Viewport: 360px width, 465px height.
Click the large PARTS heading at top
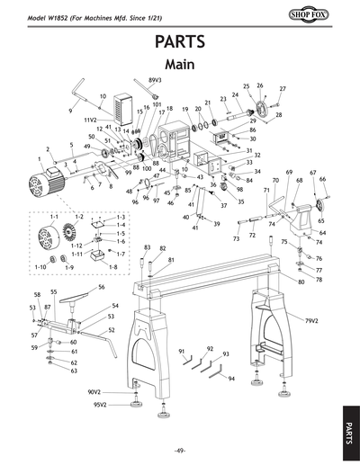point(180,42)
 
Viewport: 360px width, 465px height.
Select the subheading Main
point(180,65)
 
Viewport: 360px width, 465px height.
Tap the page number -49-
point(180,450)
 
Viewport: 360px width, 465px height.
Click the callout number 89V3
point(155,80)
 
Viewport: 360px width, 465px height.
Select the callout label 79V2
point(312,320)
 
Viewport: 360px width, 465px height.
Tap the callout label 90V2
point(95,392)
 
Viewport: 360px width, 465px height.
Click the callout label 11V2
point(91,119)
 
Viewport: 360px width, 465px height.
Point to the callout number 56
point(102,287)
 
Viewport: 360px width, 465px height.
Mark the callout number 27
point(282,89)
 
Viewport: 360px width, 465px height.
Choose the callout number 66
point(322,179)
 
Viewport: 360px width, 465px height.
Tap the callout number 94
point(231,379)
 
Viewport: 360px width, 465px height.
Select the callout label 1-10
point(40,267)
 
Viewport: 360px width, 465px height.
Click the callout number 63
point(74,371)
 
